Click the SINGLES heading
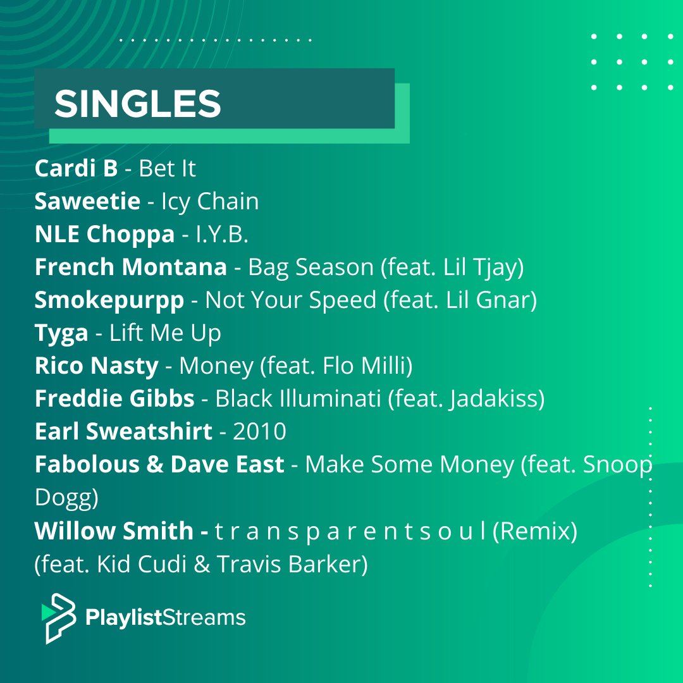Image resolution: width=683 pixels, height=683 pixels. click(137, 103)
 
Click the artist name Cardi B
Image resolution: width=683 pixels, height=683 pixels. click(76, 168)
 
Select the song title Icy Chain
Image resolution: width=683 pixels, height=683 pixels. click(210, 201)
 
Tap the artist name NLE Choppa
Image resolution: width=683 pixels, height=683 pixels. click(104, 234)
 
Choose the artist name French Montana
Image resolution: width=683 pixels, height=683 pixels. click(131, 267)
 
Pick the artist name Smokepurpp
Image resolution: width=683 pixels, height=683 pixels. click(109, 300)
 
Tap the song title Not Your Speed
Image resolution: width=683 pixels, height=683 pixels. click(291, 300)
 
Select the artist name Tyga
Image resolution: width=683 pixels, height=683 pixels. click(61, 333)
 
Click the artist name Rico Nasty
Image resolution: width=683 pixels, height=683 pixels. click(97, 366)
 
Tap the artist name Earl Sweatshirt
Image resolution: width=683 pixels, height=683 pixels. click(123, 431)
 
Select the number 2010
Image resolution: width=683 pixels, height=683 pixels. click(259, 431)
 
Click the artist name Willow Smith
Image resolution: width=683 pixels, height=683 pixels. click(114, 531)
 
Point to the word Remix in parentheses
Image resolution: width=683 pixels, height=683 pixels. click(534, 531)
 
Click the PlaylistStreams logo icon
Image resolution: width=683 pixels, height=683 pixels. click(58, 618)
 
